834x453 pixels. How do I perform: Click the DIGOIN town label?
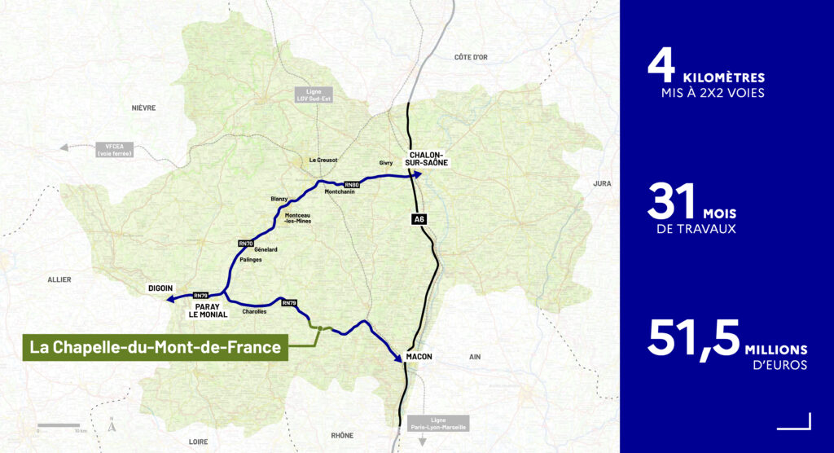coord(160,288)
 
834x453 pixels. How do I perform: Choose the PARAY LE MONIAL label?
coord(208,310)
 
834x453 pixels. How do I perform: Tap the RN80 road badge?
coord(353,184)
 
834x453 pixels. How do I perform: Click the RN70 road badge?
coord(246,243)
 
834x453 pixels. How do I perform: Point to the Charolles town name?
coord(254,312)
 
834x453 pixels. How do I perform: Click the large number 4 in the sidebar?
coord(662,67)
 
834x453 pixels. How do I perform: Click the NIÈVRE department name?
coord(143,108)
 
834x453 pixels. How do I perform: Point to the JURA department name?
coord(602,183)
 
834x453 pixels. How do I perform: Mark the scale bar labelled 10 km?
coord(59,425)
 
